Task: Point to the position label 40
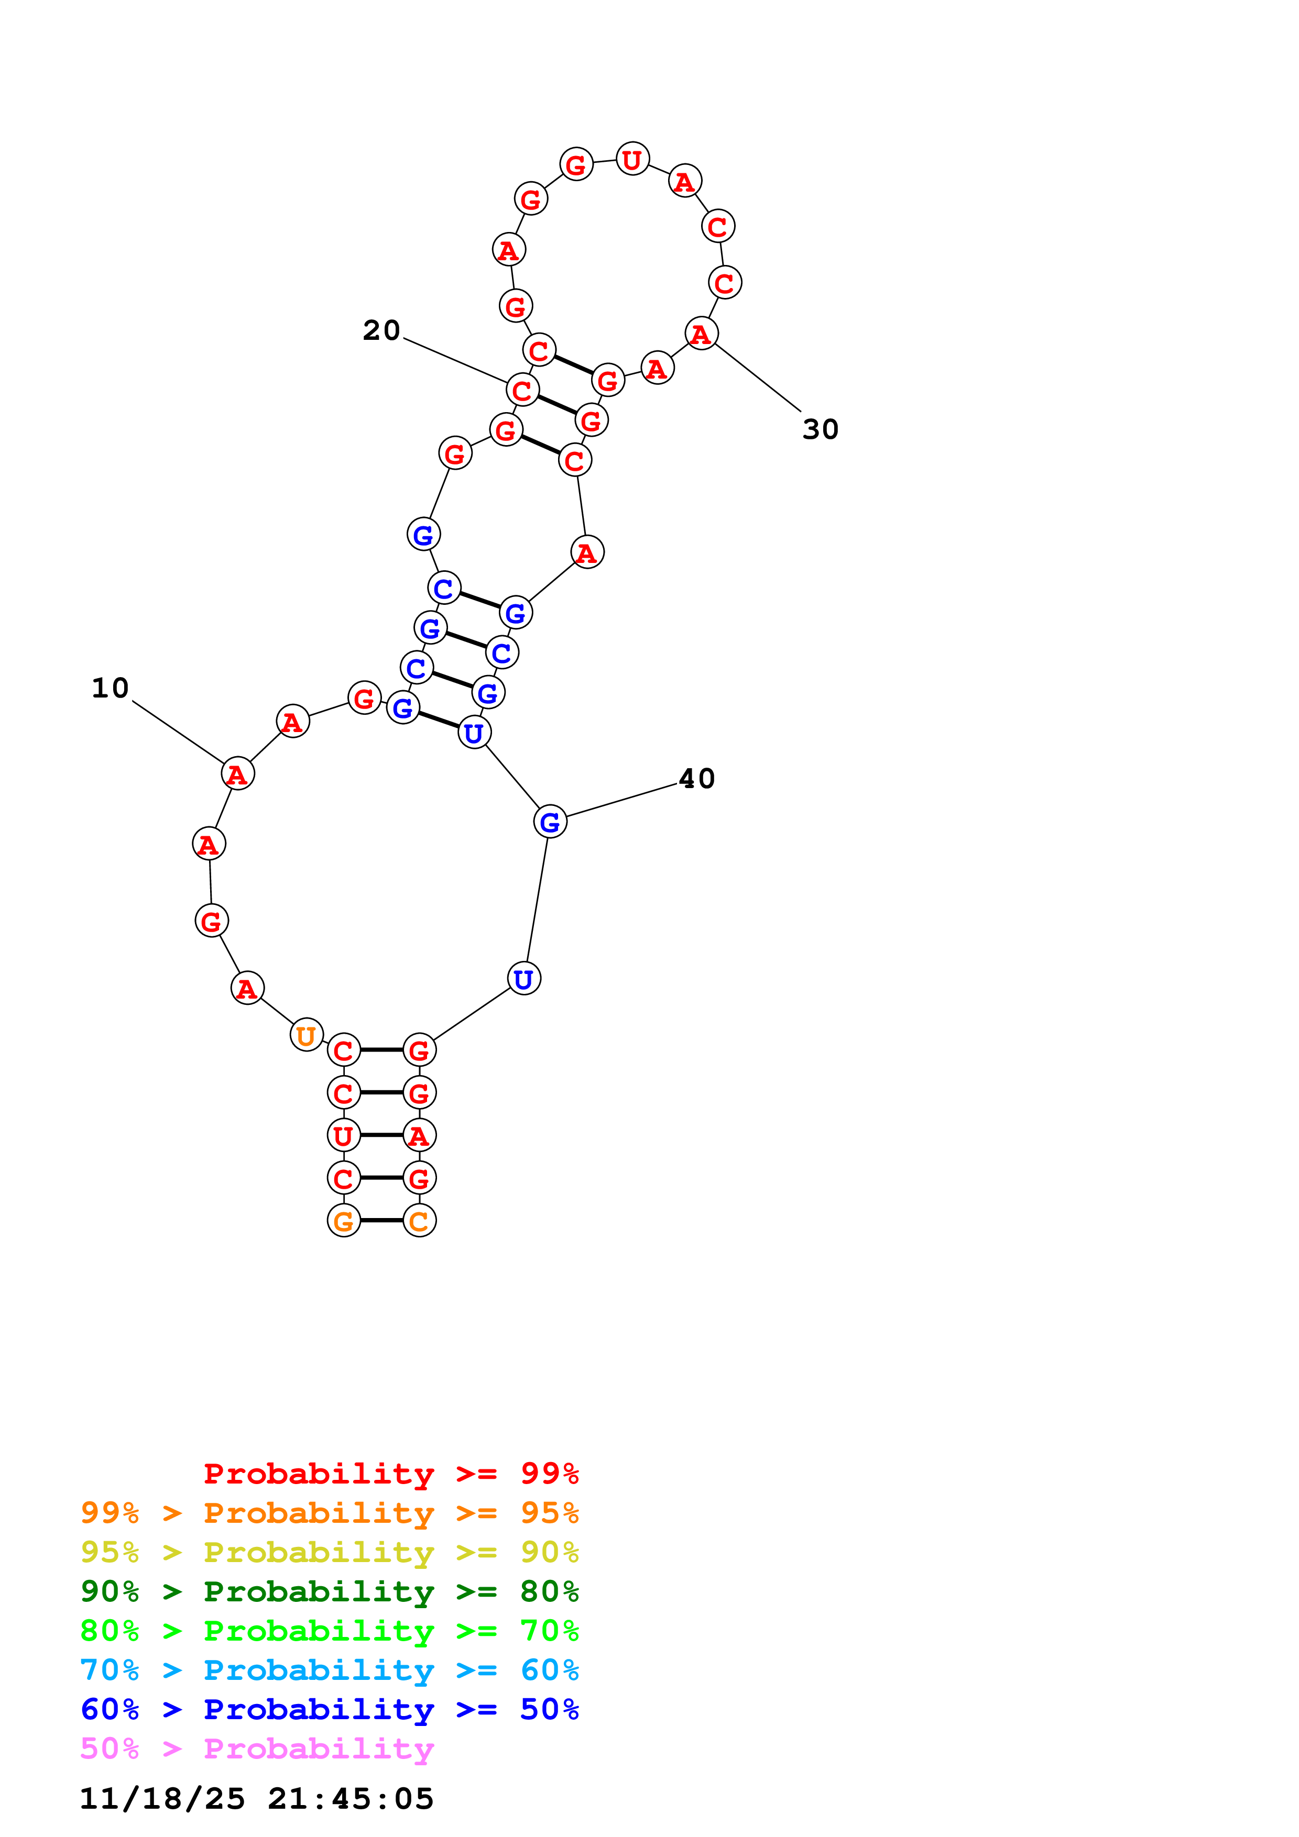696,779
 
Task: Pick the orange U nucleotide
305,1035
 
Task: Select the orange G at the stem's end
343,1221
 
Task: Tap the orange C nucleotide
419,1221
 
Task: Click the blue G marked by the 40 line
550,822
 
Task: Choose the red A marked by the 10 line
237,773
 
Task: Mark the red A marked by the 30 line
701,333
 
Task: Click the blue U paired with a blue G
474,732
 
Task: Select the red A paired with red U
419,1135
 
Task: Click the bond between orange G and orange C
381,1221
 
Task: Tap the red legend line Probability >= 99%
390,1474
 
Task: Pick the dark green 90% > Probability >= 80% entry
329,1591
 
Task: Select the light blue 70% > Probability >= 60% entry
329,1670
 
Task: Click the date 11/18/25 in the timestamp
162,1799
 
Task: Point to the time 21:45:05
351,1799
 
